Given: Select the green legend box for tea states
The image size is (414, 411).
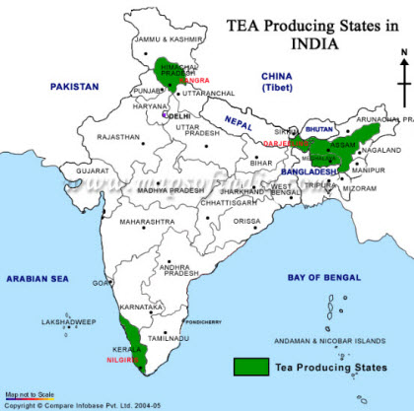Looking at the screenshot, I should point(251,367).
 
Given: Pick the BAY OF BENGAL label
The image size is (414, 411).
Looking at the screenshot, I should point(322,278).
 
